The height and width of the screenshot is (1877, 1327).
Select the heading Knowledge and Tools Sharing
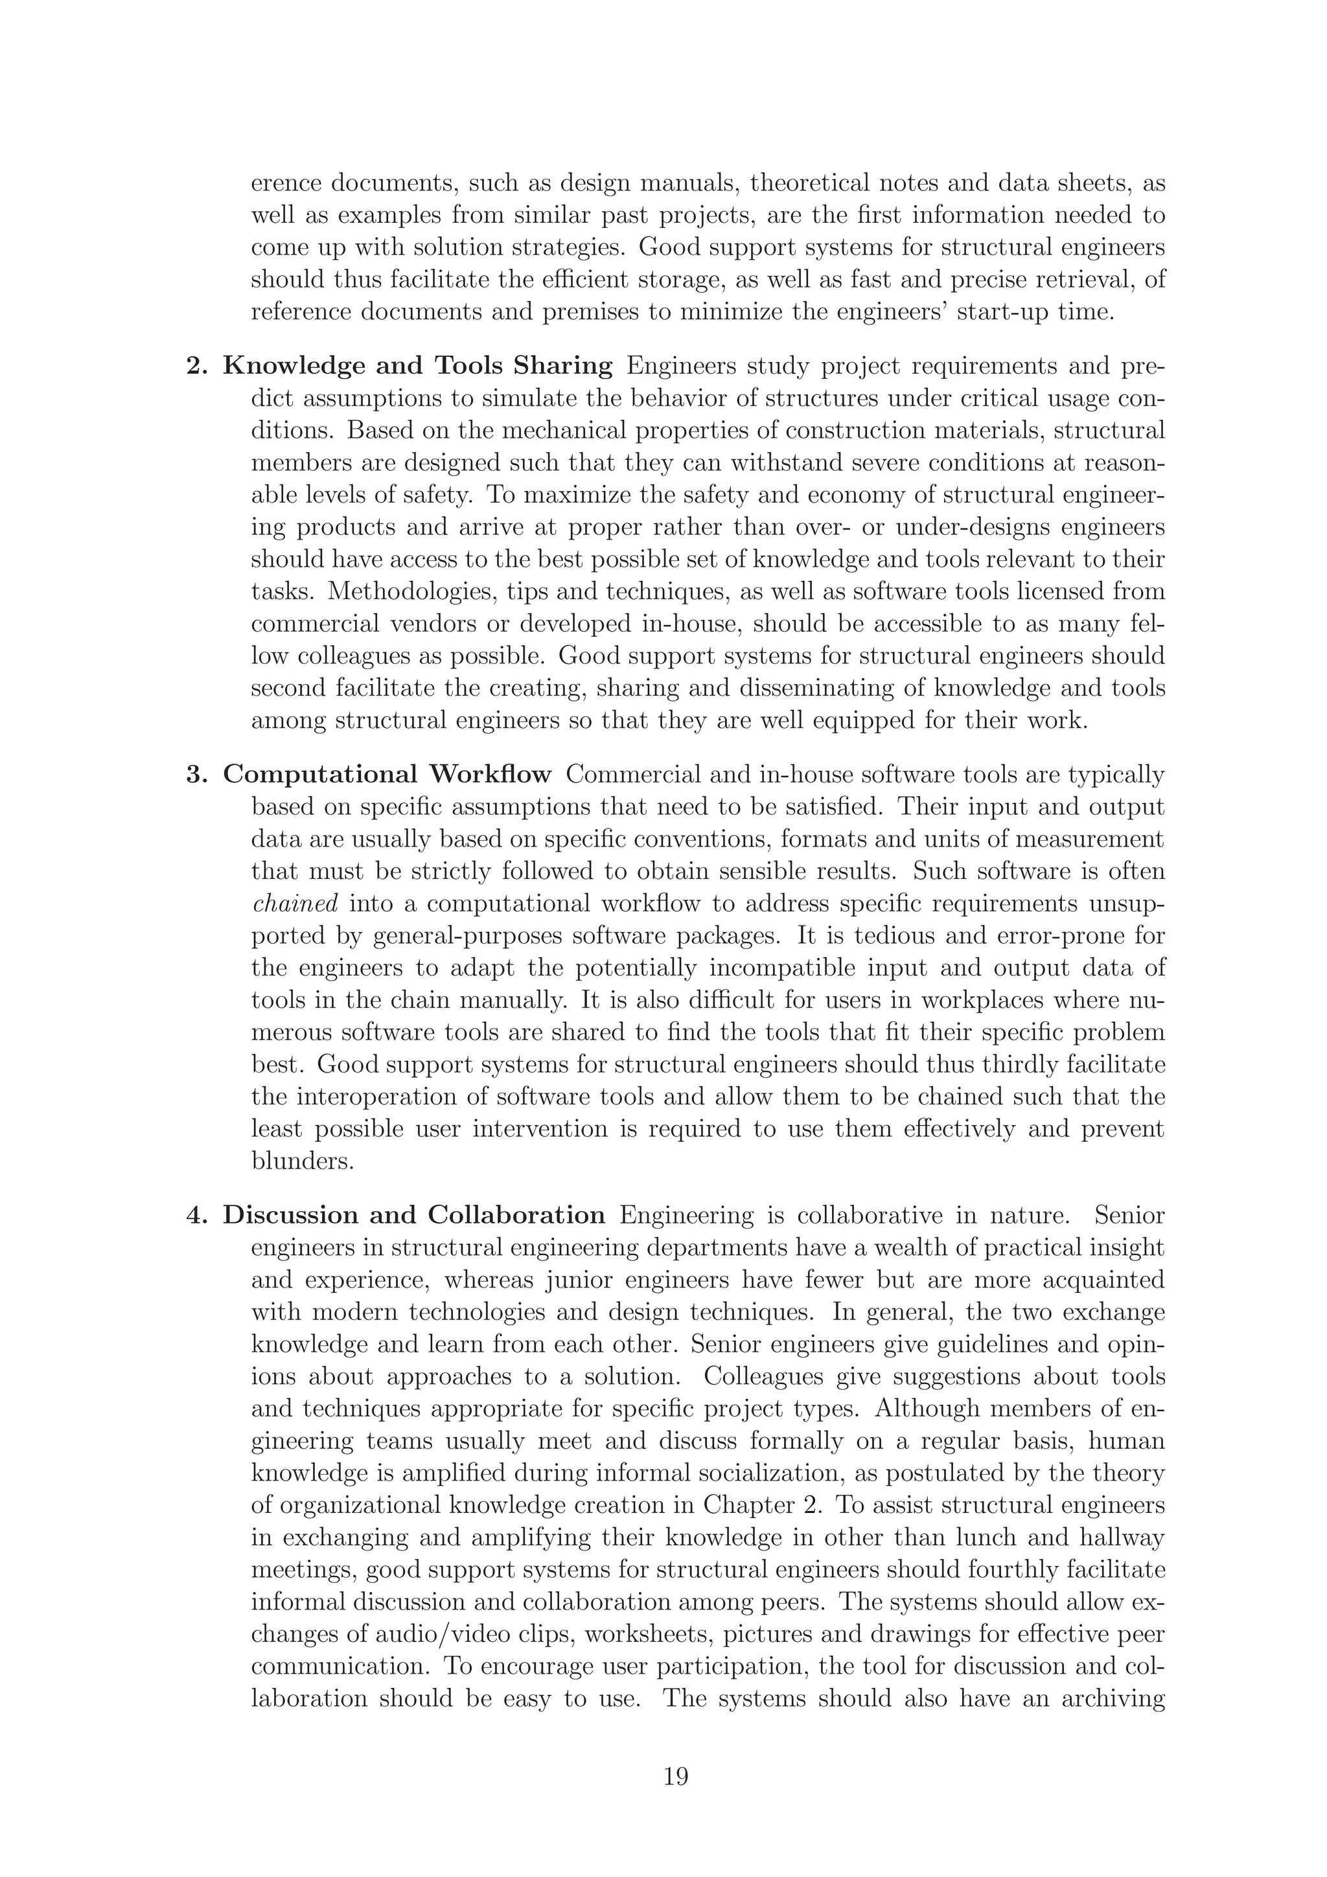click(417, 365)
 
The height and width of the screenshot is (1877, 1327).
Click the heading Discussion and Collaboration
click(414, 1215)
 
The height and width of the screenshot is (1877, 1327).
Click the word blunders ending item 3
click(303, 1161)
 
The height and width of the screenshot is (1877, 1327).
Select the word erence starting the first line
click(283, 183)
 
